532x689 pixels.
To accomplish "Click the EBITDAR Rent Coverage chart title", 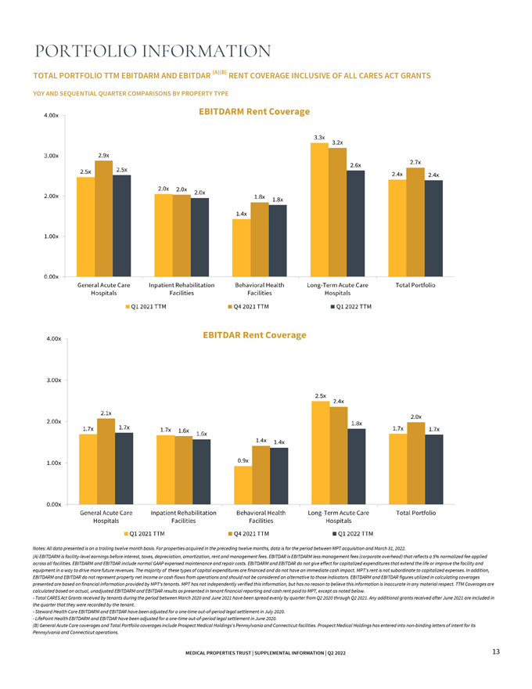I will (254, 334).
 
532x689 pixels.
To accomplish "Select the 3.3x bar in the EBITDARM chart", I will (319, 209).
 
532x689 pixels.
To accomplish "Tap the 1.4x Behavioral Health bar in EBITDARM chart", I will (241, 247).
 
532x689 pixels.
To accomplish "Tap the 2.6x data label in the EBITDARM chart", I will (355, 165).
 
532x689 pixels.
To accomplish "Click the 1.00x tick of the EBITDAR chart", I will (54, 463).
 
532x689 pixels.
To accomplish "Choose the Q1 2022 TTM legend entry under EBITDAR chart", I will (351, 532).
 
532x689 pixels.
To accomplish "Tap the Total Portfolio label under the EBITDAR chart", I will (416, 512).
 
